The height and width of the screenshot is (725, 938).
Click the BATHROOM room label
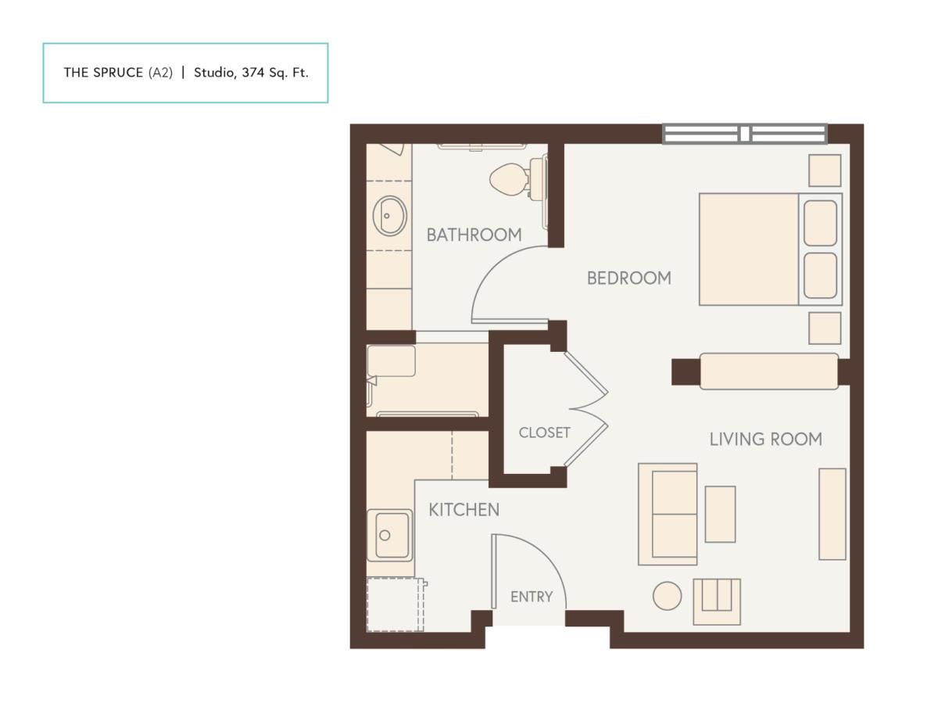(474, 235)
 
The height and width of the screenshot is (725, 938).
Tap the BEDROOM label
(629, 278)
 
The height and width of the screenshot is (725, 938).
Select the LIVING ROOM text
(766, 440)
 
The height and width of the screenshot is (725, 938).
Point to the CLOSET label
(544, 432)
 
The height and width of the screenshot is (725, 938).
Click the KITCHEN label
(464, 510)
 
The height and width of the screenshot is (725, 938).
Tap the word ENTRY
(532, 597)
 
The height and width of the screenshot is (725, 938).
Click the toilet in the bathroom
(516, 178)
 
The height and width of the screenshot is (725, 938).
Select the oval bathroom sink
(389, 216)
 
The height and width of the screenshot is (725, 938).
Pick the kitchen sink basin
(390, 536)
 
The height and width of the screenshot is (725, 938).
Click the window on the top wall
(745, 134)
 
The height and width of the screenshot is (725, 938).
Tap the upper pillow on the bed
(820, 223)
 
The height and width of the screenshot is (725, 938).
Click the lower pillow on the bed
(820, 275)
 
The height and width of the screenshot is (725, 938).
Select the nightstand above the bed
(825, 170)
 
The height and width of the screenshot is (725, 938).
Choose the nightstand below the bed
(825, 328)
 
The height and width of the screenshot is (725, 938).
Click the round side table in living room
(667, 596)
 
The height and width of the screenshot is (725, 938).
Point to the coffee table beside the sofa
(720, 515)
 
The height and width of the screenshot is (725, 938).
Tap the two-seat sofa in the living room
(668, 515)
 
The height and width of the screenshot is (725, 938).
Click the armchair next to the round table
(717, 602)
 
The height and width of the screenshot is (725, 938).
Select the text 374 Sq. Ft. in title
(275, 73)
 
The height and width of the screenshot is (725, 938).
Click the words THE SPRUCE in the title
(103, 73)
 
